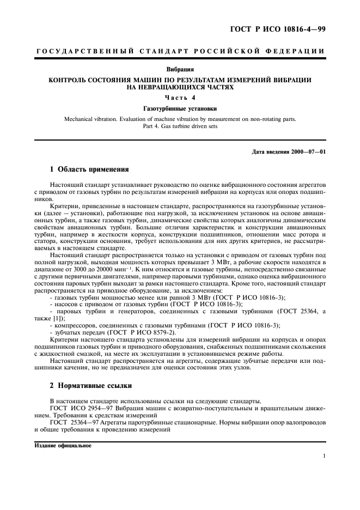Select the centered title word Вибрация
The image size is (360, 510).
pos(180,70)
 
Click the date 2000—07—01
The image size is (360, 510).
pos(309,151)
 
